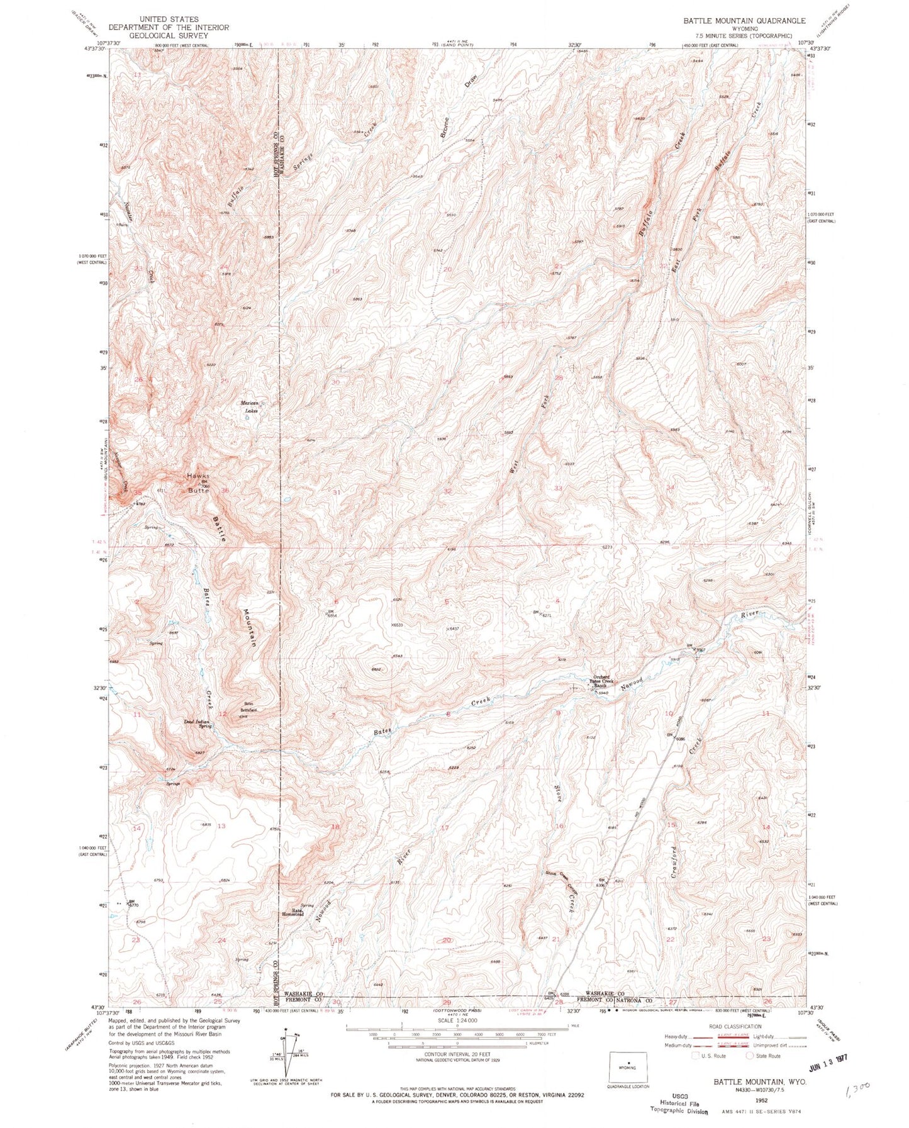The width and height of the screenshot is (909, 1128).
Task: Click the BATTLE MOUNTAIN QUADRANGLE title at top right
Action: click(x=744, y=21)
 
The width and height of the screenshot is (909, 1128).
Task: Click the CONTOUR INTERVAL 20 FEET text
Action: click(x=457, y=1059)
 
